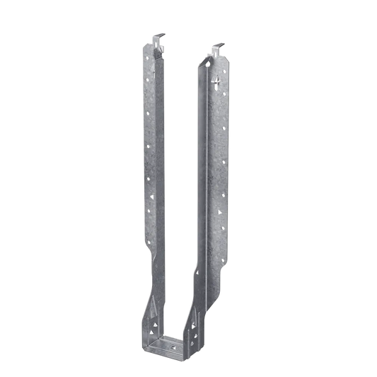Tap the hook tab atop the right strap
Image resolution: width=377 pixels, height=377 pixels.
click(216, 50)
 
